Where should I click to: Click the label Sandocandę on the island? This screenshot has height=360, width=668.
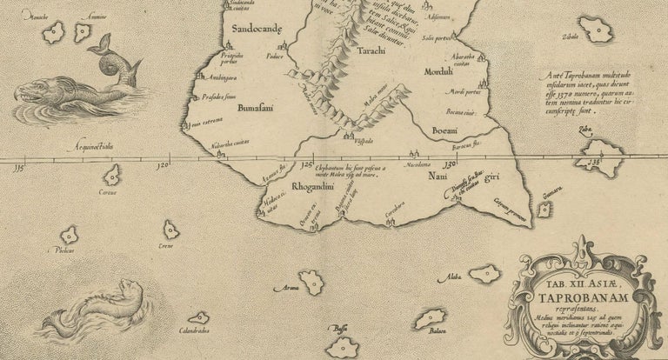click(254, 33)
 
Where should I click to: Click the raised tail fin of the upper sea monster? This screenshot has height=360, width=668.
click(104, 43)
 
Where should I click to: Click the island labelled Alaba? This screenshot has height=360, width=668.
click(484, 274)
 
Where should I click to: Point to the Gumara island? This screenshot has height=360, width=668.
click(544, 209)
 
